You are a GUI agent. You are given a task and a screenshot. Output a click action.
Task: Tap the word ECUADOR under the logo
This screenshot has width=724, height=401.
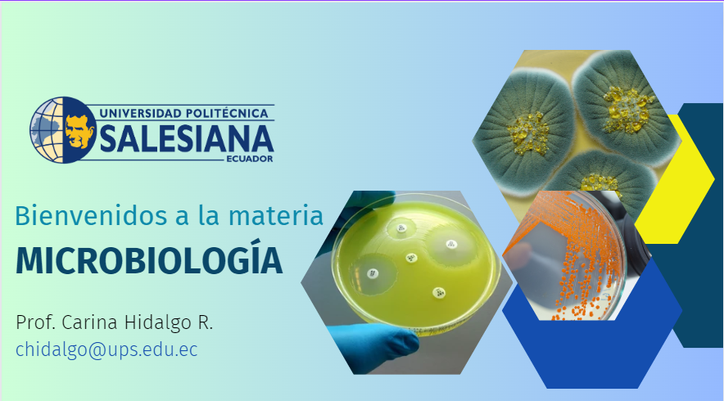250,159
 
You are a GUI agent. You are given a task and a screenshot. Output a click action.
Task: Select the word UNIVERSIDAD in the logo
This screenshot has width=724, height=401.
139,113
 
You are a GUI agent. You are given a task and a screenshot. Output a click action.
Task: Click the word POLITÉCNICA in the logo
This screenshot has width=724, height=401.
227,113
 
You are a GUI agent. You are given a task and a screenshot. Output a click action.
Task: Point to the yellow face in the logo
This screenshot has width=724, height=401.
79,131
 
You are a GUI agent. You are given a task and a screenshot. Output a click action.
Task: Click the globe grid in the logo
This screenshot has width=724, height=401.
47,129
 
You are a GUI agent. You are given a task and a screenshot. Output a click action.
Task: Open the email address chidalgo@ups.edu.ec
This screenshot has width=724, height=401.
106,349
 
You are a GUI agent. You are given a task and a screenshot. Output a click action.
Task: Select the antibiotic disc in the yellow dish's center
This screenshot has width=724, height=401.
411,258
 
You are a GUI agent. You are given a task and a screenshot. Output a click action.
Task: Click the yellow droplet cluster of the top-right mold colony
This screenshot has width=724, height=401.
628,110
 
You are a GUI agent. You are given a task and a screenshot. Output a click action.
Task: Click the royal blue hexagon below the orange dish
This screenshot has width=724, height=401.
592,346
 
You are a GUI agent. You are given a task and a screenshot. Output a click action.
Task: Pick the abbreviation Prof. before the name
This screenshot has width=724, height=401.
35,322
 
